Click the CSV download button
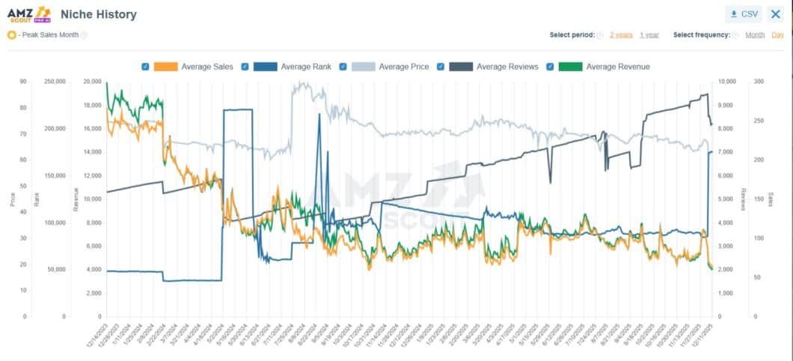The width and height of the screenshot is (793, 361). pyautogui.click(x=743, y=14)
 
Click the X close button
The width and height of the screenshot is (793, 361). pyautogui.click(x=775, y=14)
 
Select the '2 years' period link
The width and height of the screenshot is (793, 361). pyautogui.click(x=621, y=35)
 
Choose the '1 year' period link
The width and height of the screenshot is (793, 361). pyautogui.click(x=649, y=35)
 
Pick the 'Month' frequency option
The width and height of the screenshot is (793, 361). pyautogui.click(x=755, y=35)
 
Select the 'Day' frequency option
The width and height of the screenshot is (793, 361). pyautogui.click(x=778, y=35)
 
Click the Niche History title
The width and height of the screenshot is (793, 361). pyautogui.click(x=98, y=14)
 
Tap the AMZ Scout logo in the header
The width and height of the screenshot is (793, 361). pyautogui.click(x=29, y=13)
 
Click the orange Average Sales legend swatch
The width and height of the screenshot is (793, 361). pyautogui.click(x=165, y=67)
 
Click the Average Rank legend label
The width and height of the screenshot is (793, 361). pyautogui.click(x=305, y=67)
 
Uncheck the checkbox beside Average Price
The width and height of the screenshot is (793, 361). pyautogui.click(x=343, y=67)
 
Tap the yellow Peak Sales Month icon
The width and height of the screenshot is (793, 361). pyautogui.click(x=11, y=35)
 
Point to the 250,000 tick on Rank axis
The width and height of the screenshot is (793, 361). pyautogui.click(x=55, y=82)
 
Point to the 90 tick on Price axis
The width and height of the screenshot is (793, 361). pyautogui.click(x=23, y=82)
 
